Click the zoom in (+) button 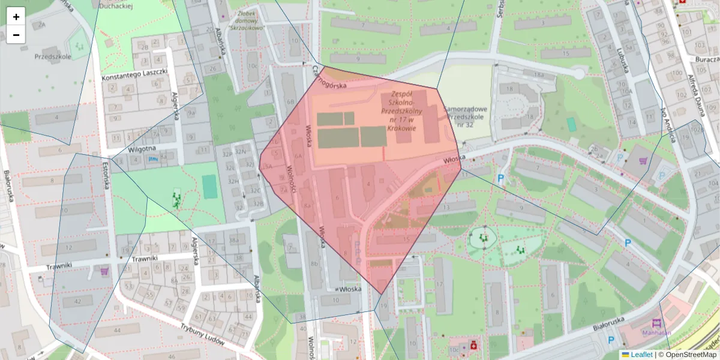click(16, 17)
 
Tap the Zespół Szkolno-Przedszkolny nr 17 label click(402, 111)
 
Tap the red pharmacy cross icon click(473, 345)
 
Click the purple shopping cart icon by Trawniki click(105, 271)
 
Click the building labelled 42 click(77, 301)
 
